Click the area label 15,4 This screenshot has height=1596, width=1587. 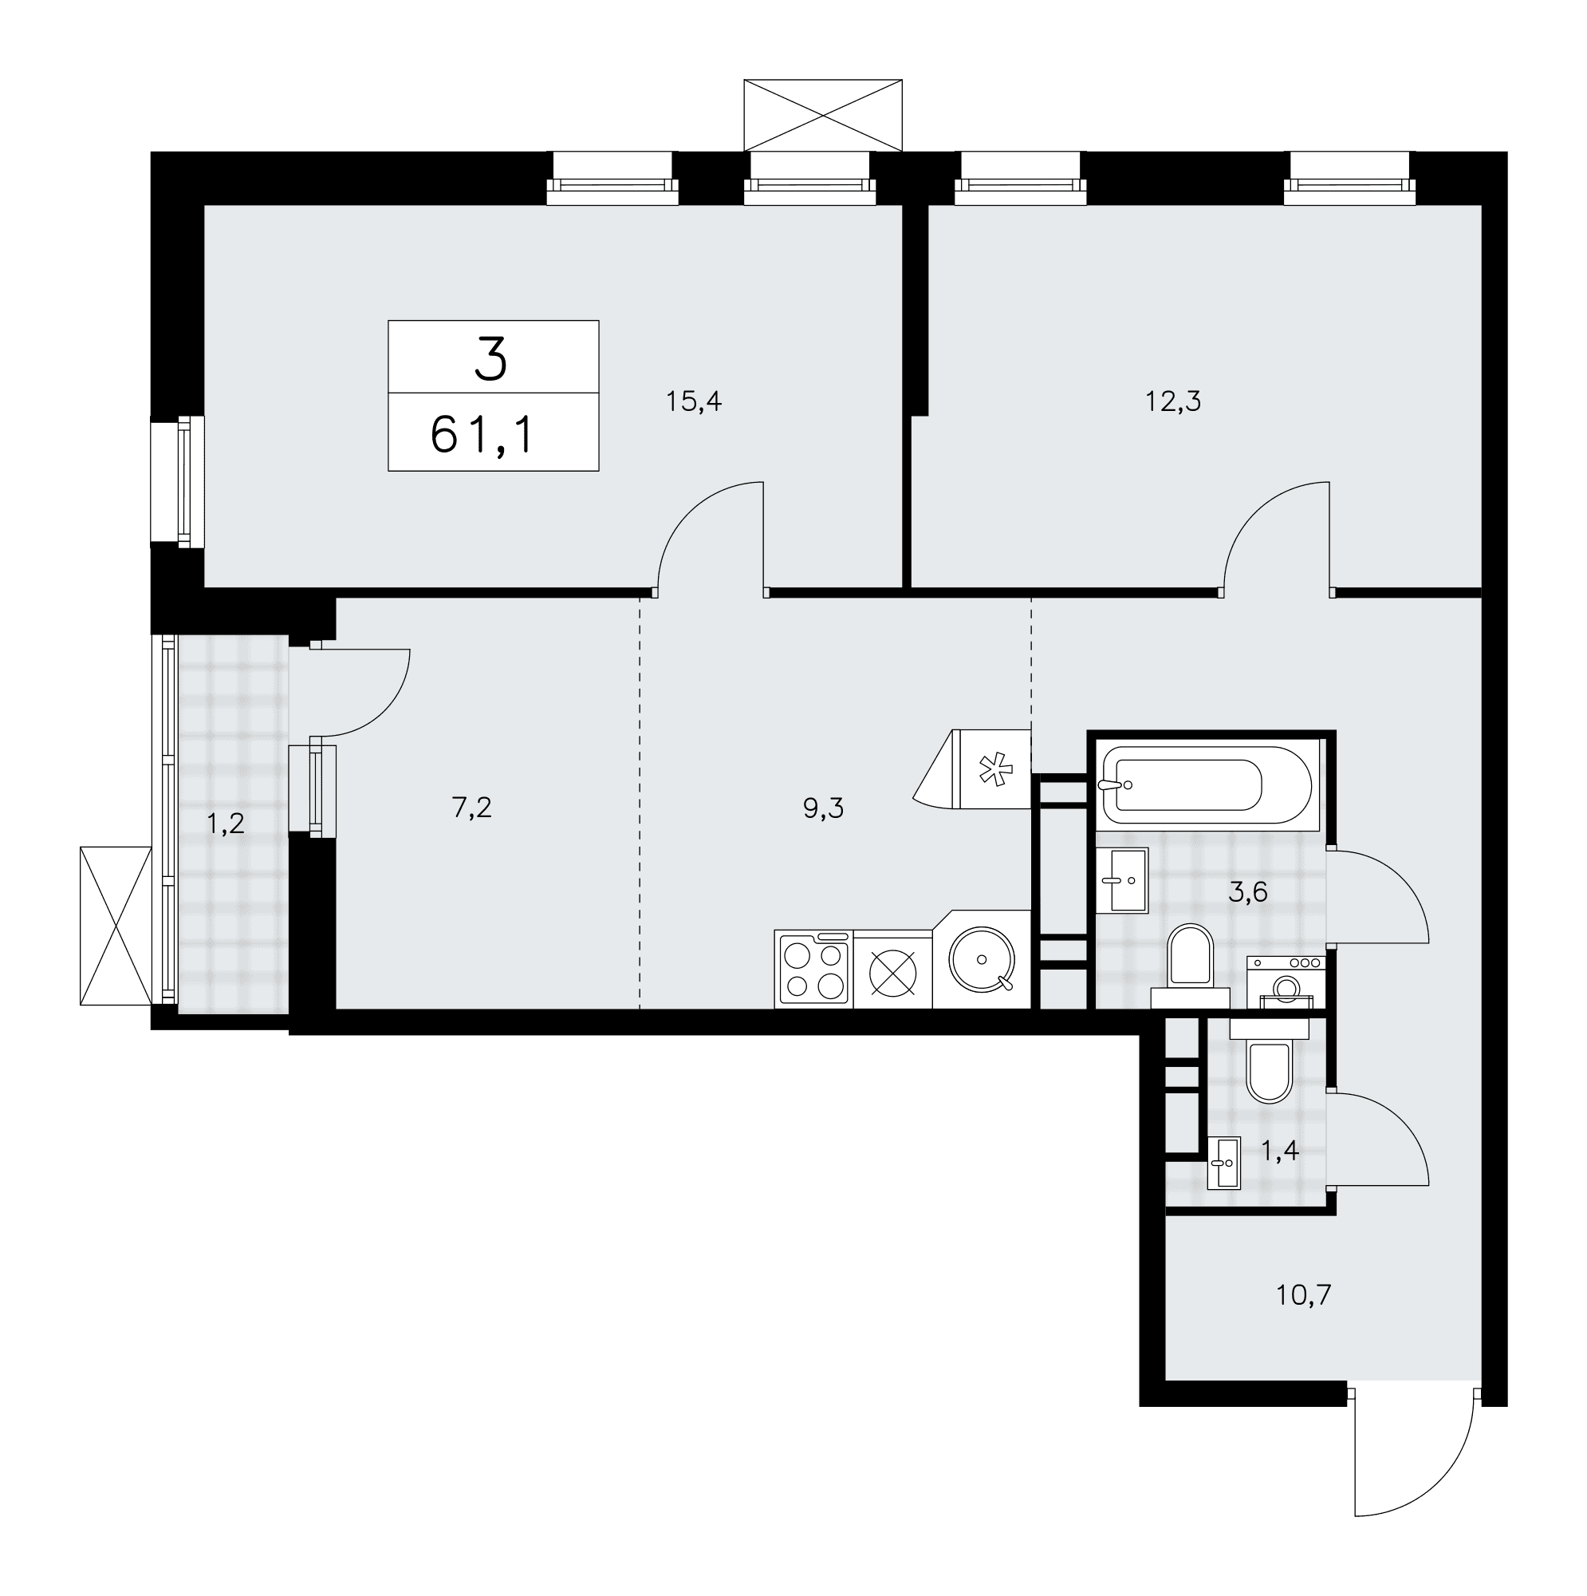(694, 402)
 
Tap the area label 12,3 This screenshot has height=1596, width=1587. (1172, 402)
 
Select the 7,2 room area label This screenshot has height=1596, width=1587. (471, 808)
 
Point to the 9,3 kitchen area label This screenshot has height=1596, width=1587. (823, 808)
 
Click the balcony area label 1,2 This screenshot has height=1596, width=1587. (226, 824)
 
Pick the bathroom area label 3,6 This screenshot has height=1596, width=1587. (1247, 893)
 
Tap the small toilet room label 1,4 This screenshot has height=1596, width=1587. (1280, 1151)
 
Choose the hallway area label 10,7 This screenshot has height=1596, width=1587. (1304, 1317)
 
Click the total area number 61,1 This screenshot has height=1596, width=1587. (484, 436)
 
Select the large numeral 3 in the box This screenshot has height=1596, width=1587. (491, 361)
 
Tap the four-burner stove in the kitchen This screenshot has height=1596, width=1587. (813, 970)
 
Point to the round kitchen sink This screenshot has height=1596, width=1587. (982, 960)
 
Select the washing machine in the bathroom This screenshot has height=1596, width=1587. (1286, 982)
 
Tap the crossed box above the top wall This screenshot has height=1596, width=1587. (822, 116)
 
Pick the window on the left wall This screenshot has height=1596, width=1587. (178, 483)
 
